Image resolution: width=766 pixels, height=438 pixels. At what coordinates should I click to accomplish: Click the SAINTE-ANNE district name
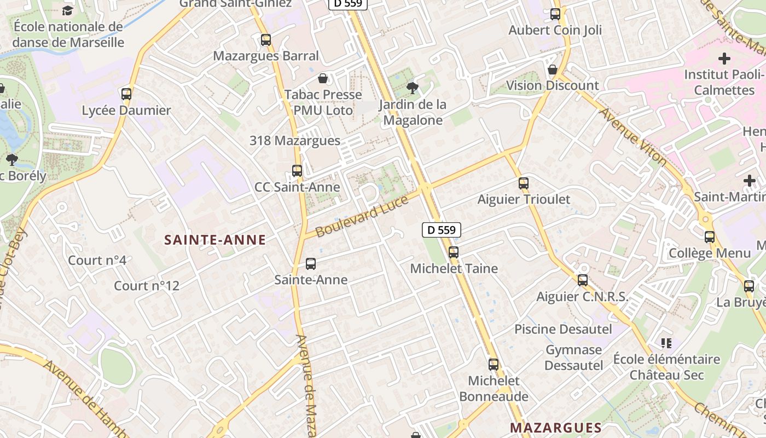point(215,239)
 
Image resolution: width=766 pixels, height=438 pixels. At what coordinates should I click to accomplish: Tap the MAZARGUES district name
point(555,427)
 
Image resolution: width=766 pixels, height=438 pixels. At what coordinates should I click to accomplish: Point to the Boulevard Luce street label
point(362,217)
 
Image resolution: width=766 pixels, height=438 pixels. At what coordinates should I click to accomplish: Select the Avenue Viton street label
point(633,137)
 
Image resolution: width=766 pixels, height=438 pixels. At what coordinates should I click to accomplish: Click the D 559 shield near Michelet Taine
point(442,230)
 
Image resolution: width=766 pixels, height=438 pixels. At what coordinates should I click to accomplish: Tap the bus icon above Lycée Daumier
point(126,94)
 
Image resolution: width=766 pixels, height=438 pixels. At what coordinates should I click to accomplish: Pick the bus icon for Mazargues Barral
point(266,39)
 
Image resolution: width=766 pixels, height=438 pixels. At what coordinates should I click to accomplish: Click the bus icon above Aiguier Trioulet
point(524,183)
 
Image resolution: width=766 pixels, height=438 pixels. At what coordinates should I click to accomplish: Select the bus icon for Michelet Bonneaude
point(494,364)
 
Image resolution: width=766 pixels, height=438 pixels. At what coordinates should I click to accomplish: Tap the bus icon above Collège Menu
point(710,237)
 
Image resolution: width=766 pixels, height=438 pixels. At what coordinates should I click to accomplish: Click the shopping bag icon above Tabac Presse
point(323,78)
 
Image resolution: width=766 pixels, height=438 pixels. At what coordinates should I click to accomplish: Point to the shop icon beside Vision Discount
point(553,70)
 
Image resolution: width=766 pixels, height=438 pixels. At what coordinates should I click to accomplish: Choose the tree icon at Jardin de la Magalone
point(413,88)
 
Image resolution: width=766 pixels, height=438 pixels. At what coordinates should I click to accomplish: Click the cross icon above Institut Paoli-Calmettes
point(724,58)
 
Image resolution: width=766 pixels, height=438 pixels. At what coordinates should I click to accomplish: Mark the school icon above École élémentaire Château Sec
point(666,343)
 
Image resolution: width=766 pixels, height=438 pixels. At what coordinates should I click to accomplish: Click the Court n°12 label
point(147,286)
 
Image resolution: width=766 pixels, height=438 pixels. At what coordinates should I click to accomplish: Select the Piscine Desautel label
point(563,329)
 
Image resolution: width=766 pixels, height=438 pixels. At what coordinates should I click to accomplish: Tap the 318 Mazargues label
point(295,141)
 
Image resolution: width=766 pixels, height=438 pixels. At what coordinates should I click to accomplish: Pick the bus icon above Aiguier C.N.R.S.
point(583,280)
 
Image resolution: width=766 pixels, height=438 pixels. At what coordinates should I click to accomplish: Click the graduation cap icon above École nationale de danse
point(67,10)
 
